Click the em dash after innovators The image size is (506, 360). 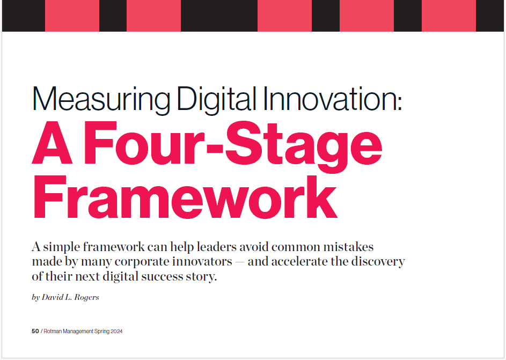coord(243,263)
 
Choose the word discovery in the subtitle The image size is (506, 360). coord(378,263)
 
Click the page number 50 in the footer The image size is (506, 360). coord(35,332)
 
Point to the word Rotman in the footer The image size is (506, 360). coord(55,332)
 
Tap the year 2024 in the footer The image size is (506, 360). coord(116,332)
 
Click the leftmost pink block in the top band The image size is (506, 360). coord(72,16)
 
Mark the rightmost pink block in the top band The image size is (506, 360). coord(449,16)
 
